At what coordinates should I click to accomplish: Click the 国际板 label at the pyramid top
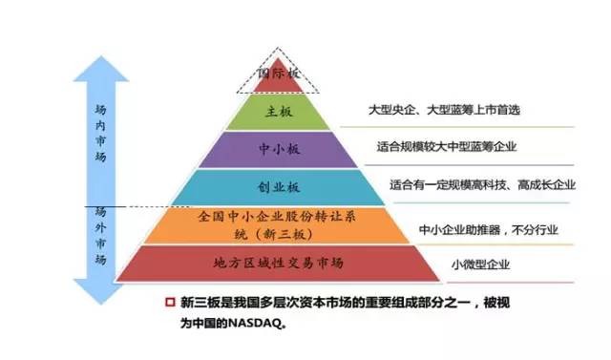point(280,73)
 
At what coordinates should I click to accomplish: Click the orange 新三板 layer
point(280,224)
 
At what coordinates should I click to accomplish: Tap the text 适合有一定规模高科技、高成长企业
point(482,184)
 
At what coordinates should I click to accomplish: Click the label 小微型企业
point(478,265)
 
